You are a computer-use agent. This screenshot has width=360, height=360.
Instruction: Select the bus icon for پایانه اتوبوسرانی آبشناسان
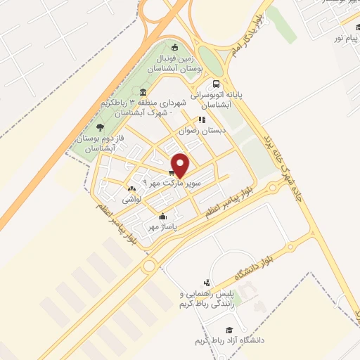click(216, 84)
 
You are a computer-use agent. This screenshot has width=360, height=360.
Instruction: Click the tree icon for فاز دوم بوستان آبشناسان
click(100, 127)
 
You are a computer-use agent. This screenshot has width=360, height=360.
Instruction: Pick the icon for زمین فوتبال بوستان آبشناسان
click(174, 47)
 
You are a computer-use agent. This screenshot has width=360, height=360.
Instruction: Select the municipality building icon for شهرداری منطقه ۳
click(143, 93)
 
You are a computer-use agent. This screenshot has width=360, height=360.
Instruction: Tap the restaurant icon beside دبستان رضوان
click(202, 120)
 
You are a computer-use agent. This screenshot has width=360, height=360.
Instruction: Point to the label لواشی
click(132, 200)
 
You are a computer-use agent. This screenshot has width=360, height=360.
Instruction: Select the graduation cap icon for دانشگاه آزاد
click(229, 330)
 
